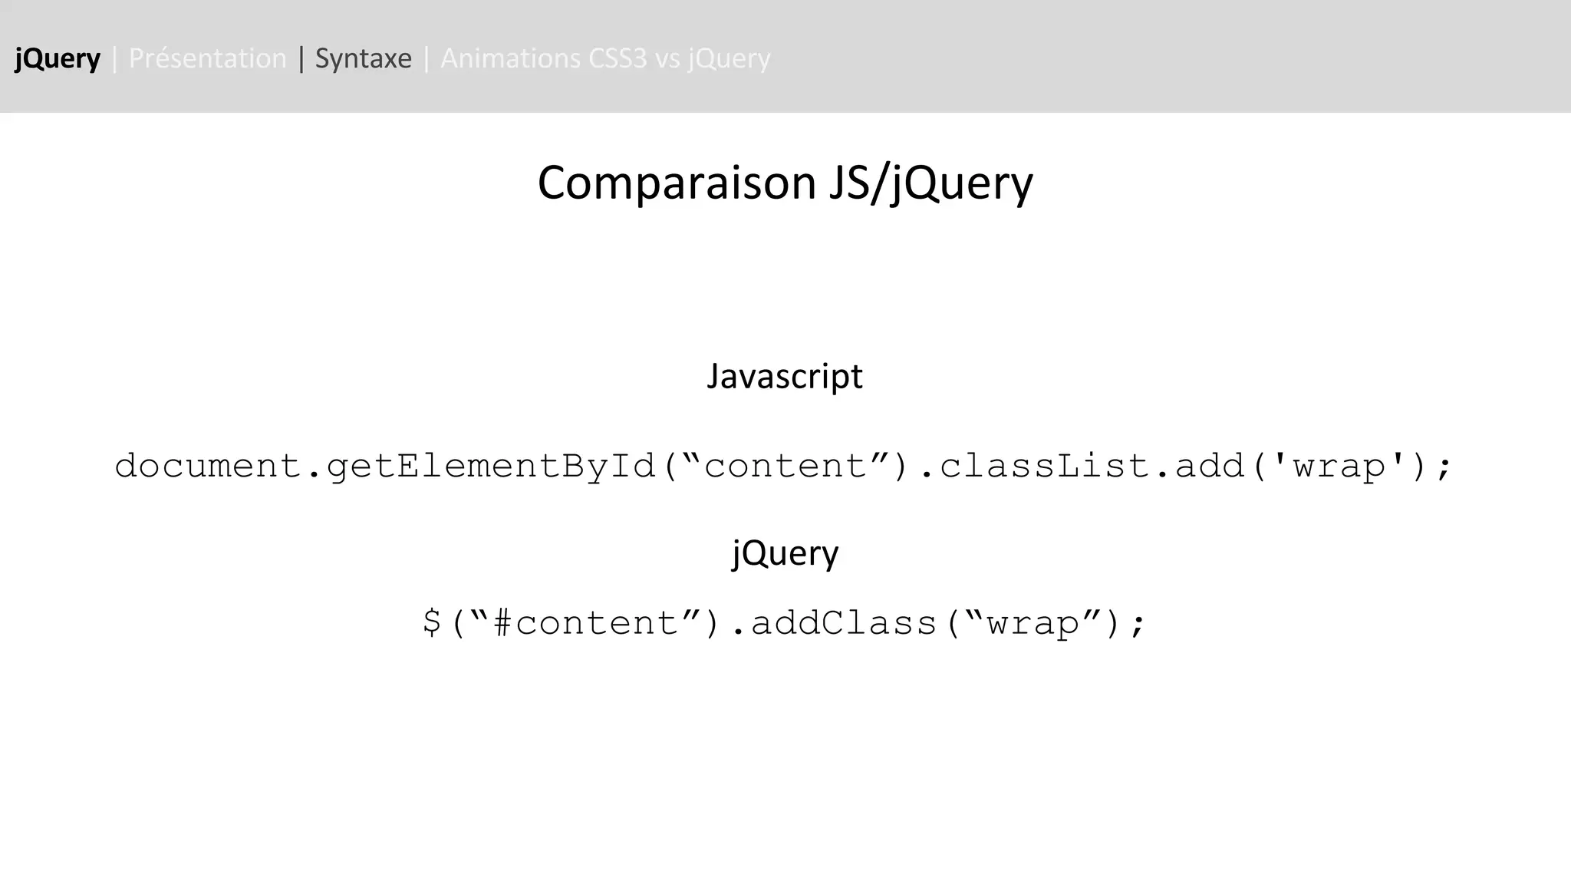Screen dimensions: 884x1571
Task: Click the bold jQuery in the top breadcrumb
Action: (x=58, y=58)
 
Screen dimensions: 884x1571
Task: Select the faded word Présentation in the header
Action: (x=207, y=58)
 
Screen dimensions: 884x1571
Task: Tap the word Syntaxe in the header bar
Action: (x=363, y=58)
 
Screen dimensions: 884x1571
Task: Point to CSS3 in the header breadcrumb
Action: (x=618, y=58)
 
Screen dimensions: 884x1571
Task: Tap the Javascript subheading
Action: (x=785, y=376)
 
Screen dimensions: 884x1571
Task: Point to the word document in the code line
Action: (x=207, y=466)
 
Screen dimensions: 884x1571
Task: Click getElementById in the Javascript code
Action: (x=491, y=466)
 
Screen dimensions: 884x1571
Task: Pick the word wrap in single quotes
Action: (x=1339, y=466)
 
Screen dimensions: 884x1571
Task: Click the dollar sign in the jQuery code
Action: (x=432, y=622)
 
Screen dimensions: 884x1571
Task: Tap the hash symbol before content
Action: (x=502, y=622)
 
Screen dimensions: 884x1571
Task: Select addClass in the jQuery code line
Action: (x=844, y=622)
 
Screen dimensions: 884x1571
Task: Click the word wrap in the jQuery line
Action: (x=1033, y=622)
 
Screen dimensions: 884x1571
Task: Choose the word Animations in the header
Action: (x=510, y=58)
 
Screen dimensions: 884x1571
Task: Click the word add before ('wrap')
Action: (x=1210, y=466)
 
